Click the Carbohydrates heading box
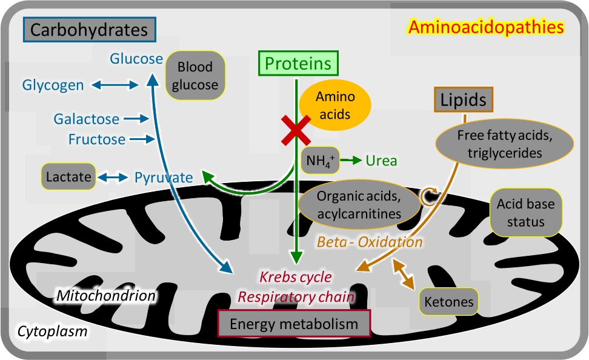point(90,29)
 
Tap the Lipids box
point(464,100)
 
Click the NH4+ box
point(319,161)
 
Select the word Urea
point(381,161)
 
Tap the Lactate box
point(68,177)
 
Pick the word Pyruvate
point(164,178)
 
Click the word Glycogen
point(53,85)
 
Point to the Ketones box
point(449,301)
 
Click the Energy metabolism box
point(293,324)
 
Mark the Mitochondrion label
point(106,296)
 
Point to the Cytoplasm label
point(52,332)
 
